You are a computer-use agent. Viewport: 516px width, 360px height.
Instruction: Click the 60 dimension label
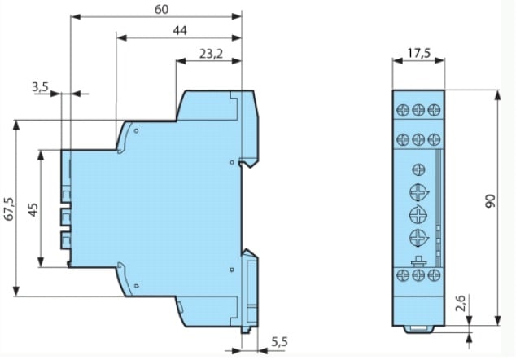point(162,9)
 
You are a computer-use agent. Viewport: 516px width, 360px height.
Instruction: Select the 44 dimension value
point(180,31)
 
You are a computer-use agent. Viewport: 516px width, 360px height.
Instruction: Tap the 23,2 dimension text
point(211,54)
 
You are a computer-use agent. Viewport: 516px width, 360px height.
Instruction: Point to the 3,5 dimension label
point(40,87)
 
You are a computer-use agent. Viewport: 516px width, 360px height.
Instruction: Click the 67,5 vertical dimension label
point(9,209)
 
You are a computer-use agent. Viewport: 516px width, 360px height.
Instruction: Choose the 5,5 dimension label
point(279,342)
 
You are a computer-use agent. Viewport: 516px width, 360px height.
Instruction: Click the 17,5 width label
point(419,53)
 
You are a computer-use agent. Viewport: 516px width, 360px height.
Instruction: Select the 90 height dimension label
point(490,201)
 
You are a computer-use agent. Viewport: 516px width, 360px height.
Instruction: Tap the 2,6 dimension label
point(461,303)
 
